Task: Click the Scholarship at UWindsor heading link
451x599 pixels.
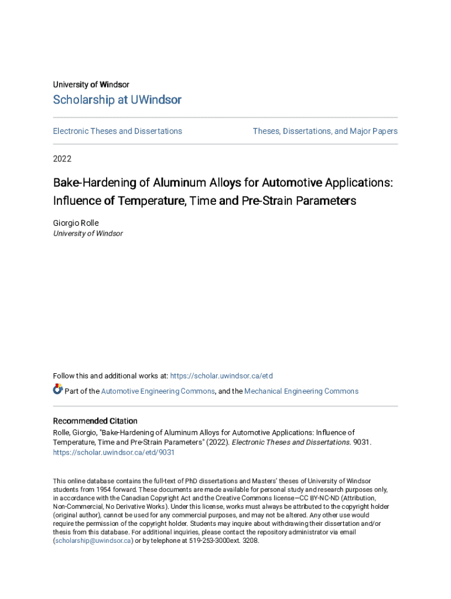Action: (117, 100)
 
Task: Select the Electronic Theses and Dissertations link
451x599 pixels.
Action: (118, 131)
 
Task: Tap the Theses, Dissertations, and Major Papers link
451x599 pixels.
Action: (325, 131)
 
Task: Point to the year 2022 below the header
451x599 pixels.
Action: (63, 159)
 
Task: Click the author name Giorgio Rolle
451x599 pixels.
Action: (76, 223)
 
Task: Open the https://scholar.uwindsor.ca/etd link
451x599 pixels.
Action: (221, 376)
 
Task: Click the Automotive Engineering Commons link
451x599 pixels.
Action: (158, 391)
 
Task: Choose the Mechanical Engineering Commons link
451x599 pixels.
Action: (301, 391)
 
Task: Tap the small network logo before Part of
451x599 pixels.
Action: (57, 390)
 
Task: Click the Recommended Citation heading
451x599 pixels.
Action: (95, 421)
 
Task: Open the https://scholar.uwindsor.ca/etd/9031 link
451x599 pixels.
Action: (114, 453)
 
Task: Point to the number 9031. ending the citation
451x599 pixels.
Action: (361, 443)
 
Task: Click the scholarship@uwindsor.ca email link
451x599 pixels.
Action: (93, 541)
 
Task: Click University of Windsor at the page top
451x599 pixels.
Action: (91, 85)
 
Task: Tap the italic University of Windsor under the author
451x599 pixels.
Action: (88, 233)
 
